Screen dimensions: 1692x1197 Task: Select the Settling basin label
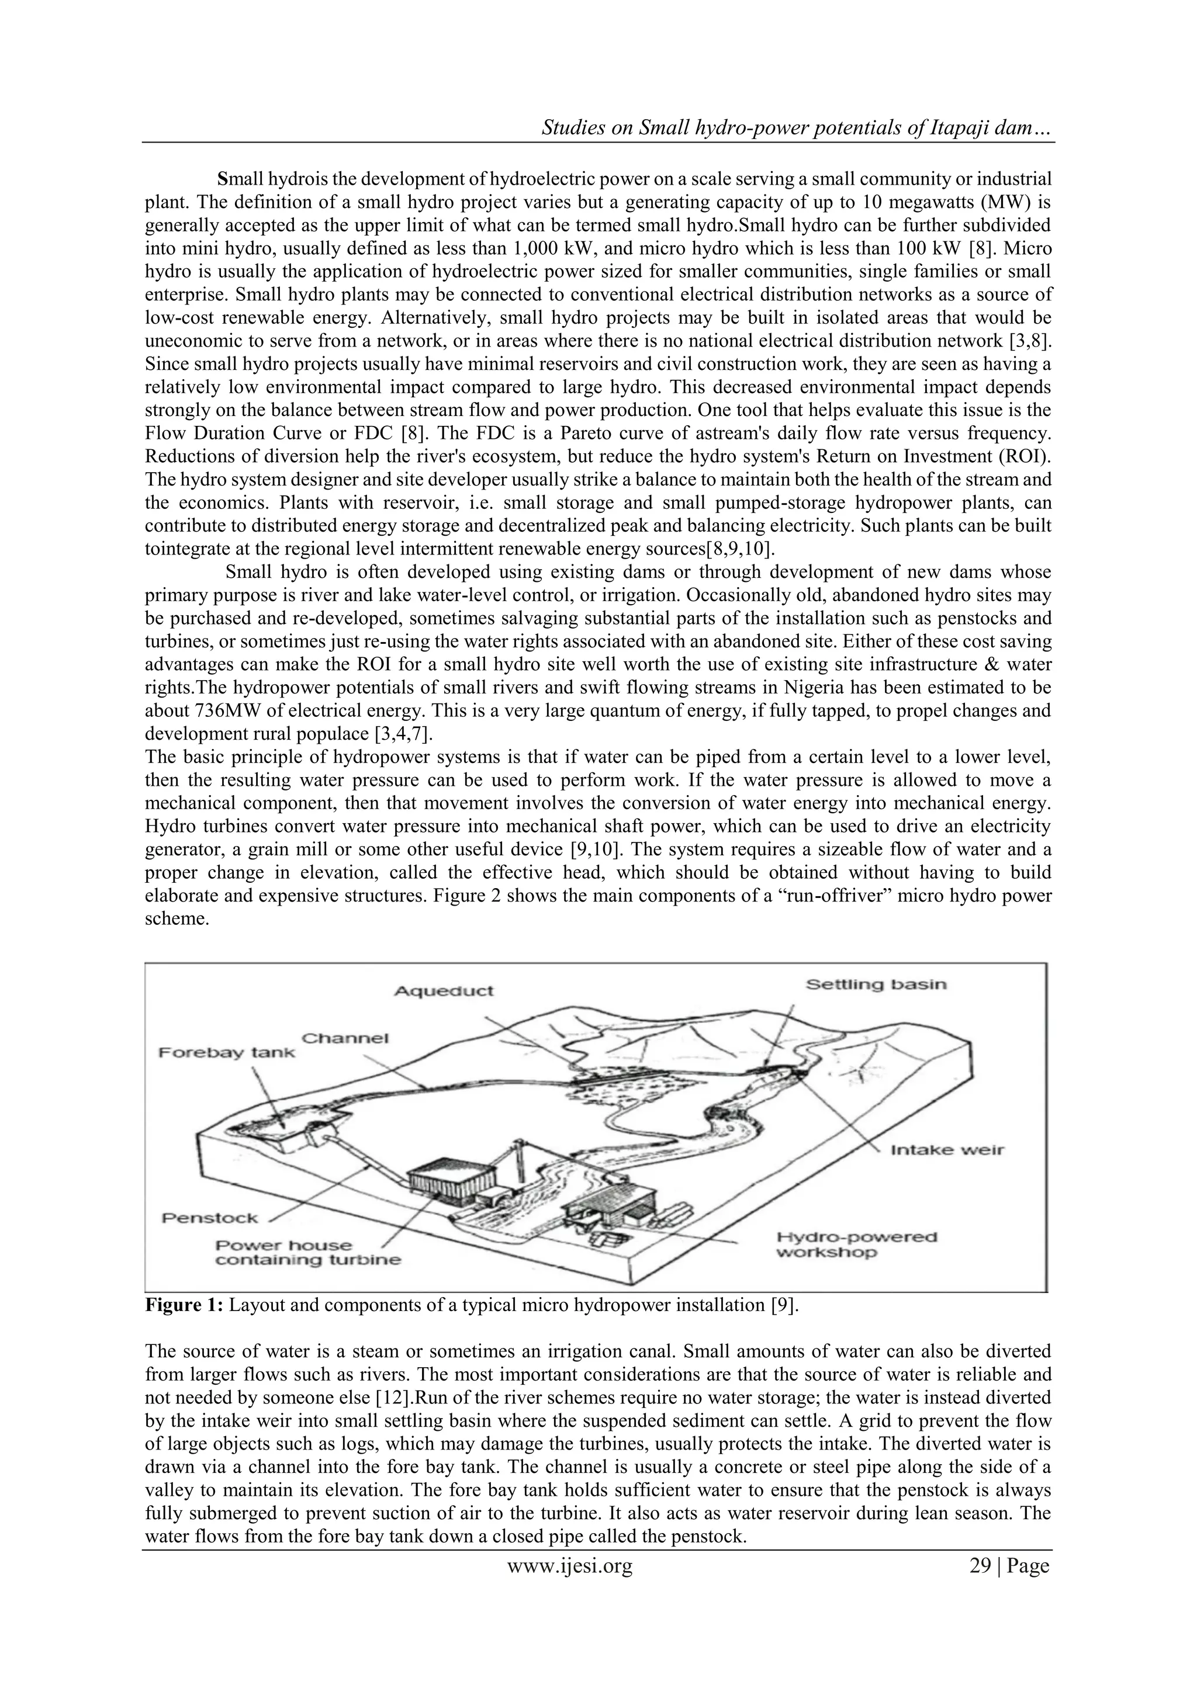[x=876, y=984]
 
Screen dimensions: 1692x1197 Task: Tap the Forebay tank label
[x=226, y=1052]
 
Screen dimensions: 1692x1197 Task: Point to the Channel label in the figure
[x=345, y=1038]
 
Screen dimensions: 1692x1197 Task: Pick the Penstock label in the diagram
[x=210, y=1218]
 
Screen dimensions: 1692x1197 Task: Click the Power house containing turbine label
[x=307, y=1252]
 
